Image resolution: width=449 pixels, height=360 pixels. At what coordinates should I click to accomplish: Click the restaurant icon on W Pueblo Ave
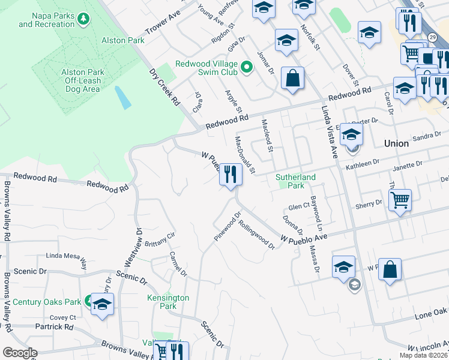(x=231, y=175)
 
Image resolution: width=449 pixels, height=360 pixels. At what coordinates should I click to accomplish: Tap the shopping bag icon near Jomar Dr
(x=292, y=78)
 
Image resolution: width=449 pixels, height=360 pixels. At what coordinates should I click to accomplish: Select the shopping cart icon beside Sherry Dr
(x=400, y=199)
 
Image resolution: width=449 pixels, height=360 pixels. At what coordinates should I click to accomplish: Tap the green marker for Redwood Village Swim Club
(x=246, y=65)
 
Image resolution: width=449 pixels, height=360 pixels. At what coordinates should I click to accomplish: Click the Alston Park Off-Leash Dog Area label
(x=83, y=80)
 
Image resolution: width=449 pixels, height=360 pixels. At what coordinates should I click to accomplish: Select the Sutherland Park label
(x=295, y=182)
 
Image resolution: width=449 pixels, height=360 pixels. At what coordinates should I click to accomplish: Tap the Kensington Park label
(x=168, y=302)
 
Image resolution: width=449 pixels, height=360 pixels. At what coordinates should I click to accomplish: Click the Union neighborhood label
(x=396, y=143)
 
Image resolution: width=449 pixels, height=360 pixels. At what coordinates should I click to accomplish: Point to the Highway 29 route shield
(x=432, y=37)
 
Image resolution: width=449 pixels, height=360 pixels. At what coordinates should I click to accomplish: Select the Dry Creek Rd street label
(x=165, y=87)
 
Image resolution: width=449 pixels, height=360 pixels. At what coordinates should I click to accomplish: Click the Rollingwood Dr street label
(x=256, y=234)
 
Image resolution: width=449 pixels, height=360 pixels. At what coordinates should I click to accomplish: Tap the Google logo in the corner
(x=20, y=353)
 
